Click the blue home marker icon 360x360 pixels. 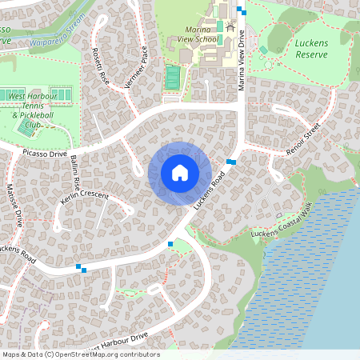(179, 173)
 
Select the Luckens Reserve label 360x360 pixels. (311, 50)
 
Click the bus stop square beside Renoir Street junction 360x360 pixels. (231, 162)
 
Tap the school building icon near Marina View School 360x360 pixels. (231, 29)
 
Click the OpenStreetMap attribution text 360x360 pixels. (80, 354)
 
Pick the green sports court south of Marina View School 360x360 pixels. (172, 77)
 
